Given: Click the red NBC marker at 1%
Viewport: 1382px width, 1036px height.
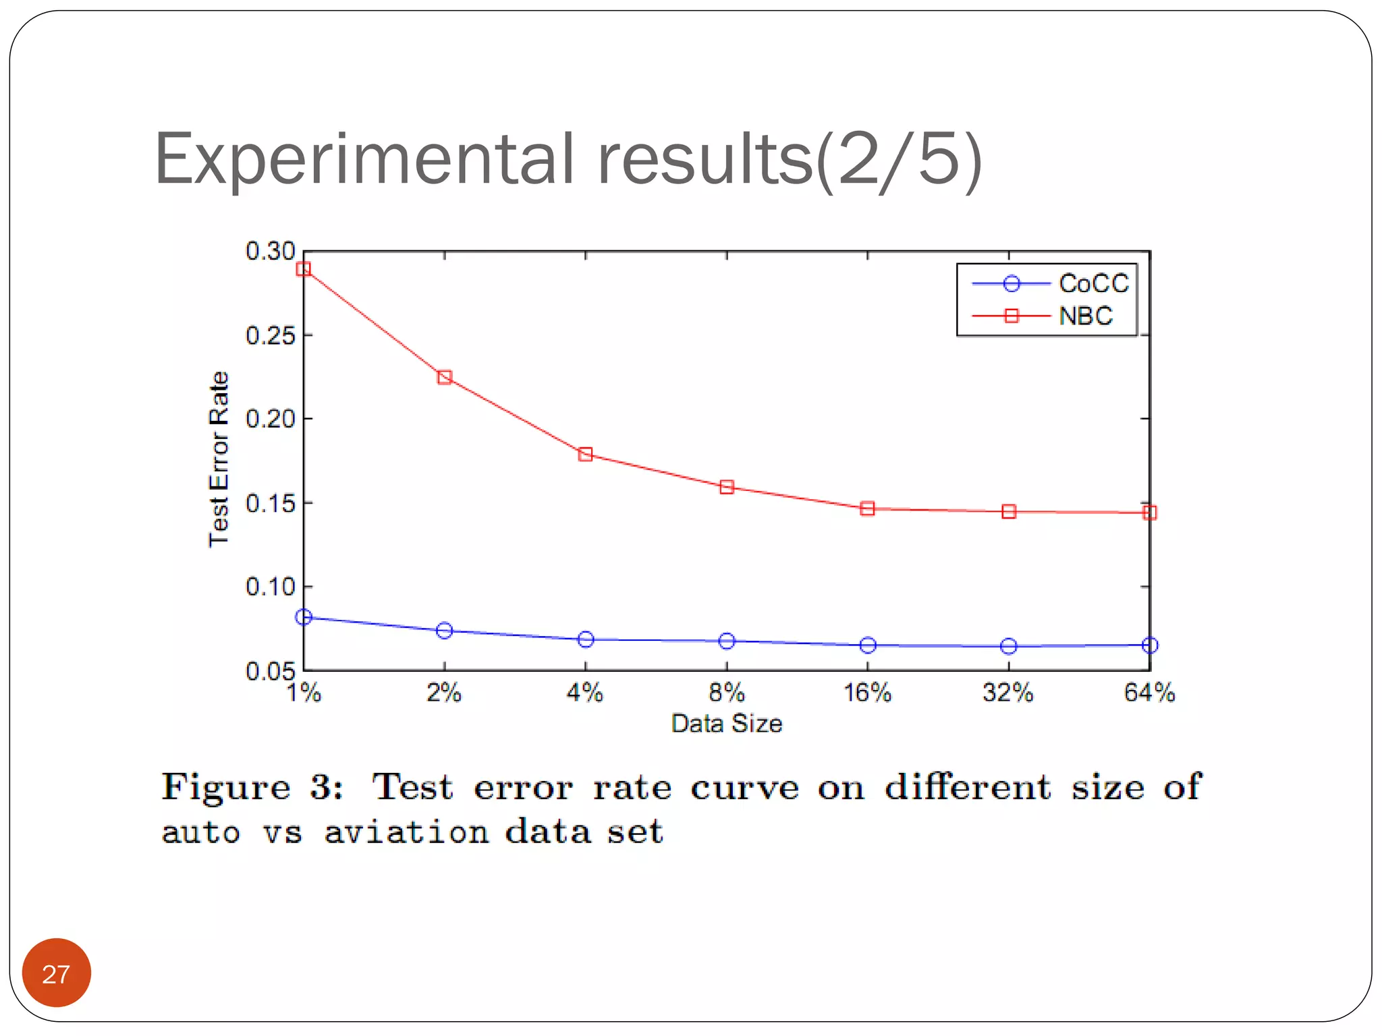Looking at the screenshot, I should tap(304, 269).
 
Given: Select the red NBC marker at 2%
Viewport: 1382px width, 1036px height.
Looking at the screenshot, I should tap(444, 377).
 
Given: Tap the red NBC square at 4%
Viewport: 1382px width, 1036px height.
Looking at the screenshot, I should tap(585, 454).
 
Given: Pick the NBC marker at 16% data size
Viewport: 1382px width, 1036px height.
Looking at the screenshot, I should tap(867, 509).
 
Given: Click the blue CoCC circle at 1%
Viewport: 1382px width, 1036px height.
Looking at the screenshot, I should tap(304, 616).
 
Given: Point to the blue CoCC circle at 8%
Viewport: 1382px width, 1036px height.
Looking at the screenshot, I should tap(726, 641).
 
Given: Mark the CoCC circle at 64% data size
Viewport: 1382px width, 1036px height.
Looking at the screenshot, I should tap(1150, 645).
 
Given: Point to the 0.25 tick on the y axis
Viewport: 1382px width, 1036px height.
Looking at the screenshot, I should tap(270, 335).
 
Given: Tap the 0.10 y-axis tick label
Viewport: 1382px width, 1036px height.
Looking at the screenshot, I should tap(270, 587).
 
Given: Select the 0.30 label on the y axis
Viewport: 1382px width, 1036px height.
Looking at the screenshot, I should tap(270, 251).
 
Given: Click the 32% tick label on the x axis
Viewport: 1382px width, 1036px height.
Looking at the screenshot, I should tap(1007, 693).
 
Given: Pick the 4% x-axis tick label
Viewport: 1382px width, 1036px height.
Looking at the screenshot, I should tap(584, 693).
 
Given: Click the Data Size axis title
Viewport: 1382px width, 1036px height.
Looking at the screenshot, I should tap(726, 724).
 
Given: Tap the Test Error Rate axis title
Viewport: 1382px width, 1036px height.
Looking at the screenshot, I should tap(219, 459).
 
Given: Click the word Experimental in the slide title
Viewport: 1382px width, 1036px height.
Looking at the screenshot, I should tap(364, 160).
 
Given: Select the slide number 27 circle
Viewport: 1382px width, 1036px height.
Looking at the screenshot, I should tap(56, 973).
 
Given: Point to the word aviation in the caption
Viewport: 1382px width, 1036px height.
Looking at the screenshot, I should tap(406, 832).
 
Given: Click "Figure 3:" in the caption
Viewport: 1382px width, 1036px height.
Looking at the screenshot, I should tap(252, 787).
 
